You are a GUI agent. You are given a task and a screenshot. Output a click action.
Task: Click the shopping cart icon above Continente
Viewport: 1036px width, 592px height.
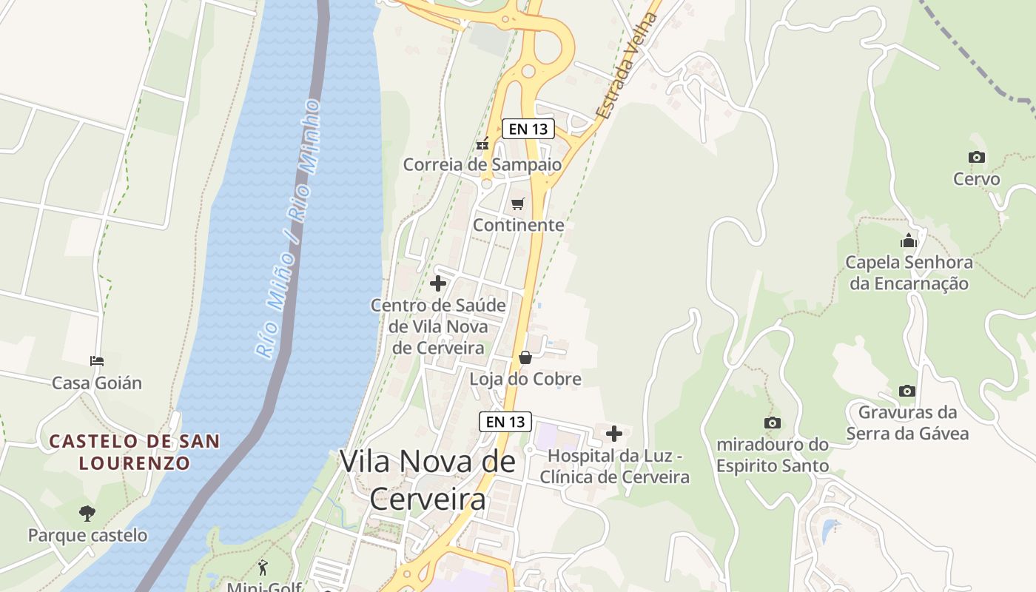517,203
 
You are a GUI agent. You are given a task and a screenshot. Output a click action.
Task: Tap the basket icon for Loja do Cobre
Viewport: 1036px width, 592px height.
525,358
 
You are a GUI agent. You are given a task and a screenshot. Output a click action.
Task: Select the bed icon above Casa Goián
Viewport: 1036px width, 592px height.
97,361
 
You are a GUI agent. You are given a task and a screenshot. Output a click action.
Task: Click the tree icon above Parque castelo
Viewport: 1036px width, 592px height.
87,513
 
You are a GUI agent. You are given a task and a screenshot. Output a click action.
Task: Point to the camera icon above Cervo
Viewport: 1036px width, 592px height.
976,157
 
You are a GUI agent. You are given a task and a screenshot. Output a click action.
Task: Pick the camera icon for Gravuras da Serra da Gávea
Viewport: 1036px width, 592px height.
906,391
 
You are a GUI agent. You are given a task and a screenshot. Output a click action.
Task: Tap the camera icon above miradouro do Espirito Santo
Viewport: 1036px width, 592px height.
772,423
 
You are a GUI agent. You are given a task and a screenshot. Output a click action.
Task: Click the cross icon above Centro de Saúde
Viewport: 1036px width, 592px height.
438,283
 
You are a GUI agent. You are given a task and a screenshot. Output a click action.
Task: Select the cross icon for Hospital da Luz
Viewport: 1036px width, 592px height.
614,434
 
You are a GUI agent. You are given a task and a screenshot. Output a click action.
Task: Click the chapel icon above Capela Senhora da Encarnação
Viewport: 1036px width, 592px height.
908,240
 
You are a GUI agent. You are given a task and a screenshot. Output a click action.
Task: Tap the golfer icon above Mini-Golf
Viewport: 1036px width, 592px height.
263,568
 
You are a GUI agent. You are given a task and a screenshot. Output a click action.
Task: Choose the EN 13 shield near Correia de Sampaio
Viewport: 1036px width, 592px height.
528,129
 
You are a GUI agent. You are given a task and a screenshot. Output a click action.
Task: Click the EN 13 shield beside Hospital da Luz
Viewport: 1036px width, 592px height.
505,422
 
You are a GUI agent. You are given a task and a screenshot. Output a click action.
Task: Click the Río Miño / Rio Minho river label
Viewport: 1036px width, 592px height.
289,229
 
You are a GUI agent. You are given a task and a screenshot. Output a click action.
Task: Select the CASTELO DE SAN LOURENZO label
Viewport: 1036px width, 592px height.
135,452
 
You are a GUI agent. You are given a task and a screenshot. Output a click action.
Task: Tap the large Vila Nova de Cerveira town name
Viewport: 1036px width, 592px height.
428,480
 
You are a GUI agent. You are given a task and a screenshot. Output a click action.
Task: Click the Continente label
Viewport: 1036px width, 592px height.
518,225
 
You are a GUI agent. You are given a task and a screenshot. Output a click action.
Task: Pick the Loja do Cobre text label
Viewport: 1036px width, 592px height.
525,379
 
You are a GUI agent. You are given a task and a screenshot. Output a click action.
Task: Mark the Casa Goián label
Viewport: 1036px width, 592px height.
97,383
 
